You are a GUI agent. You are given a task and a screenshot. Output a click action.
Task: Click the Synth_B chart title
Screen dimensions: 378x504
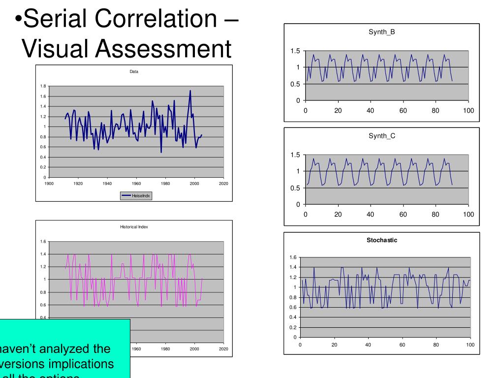(x=382, y=32)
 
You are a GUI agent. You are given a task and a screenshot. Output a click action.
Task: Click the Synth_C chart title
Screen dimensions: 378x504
(x=382, y=136)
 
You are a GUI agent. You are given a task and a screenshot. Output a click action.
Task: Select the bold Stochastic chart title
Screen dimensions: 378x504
(x=381, y=240)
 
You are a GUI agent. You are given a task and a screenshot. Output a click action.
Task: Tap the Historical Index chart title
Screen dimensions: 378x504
(x=134, y=227)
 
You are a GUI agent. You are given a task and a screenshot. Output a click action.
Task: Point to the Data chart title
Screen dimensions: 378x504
(x=134, y=72)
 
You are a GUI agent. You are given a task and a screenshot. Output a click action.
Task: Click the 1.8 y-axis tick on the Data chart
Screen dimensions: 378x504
(x=43, y=86)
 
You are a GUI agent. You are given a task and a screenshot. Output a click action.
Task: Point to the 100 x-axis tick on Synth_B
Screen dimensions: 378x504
(x=469, y=111)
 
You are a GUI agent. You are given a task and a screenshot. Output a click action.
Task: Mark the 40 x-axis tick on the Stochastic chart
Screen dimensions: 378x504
(x=368, y=345)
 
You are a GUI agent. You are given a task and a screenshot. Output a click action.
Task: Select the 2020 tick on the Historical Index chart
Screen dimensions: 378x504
(x=223, y=349)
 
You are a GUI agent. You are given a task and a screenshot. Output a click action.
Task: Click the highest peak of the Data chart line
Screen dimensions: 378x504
(x=190, y=91)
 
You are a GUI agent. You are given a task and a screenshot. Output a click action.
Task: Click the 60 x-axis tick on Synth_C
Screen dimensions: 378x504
(x=403, y=215)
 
